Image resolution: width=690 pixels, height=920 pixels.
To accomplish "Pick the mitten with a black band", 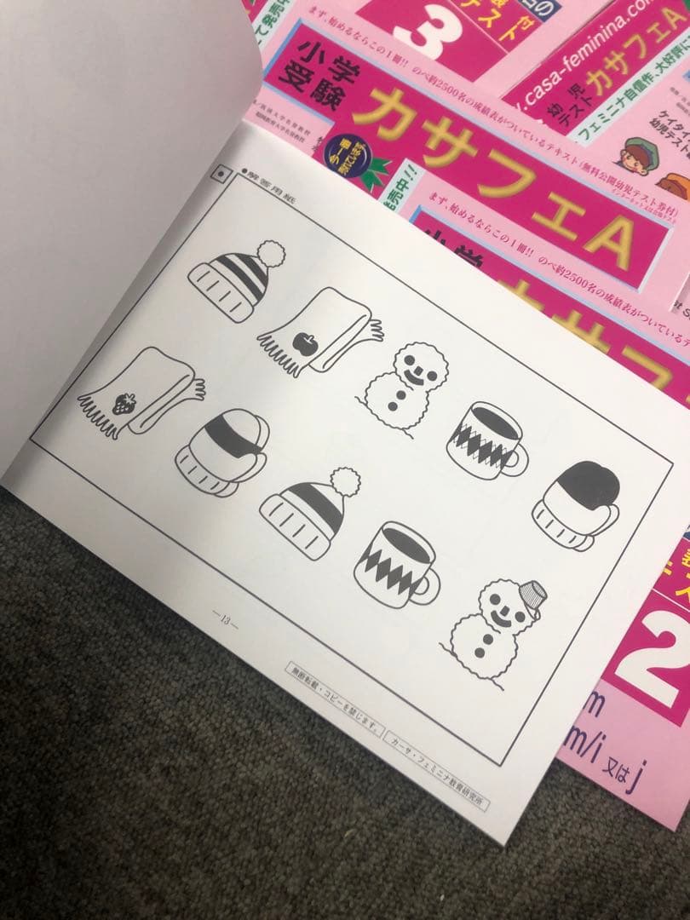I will [223, 450].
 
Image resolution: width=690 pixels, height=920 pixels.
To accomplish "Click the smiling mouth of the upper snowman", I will [413, 372].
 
